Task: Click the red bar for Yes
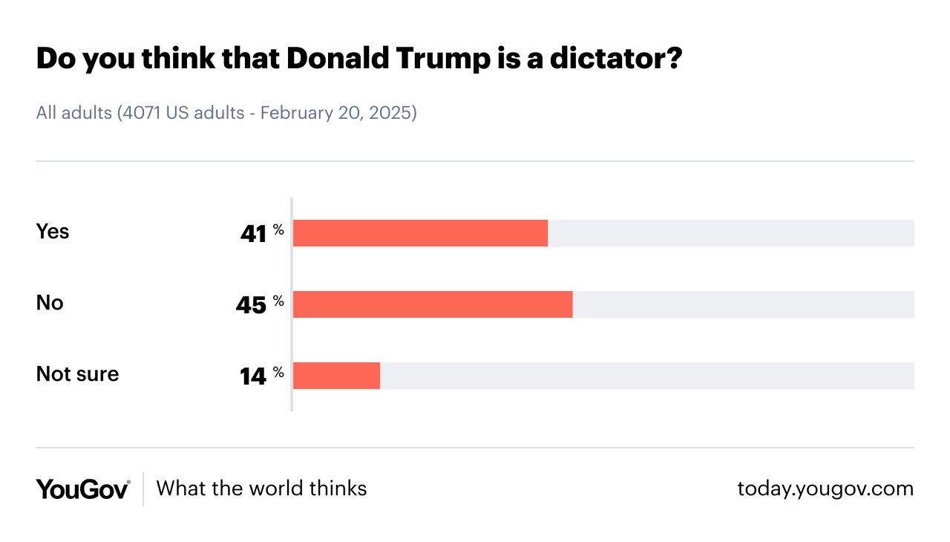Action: coord(420,233)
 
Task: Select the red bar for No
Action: coord(433,304)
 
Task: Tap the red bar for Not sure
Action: coord(336,376)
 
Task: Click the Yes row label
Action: coord(53,232)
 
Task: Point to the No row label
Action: coord(50,303)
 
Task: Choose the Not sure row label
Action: coord(77,374)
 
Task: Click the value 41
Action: coord(253,234)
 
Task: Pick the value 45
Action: coord(251,305)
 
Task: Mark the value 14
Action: coord(253,376)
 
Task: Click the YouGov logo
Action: coord(83,489)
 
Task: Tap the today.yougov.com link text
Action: coord(825,489)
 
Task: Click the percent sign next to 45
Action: coord(278,301)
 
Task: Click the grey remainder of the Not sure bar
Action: coord(646,376)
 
